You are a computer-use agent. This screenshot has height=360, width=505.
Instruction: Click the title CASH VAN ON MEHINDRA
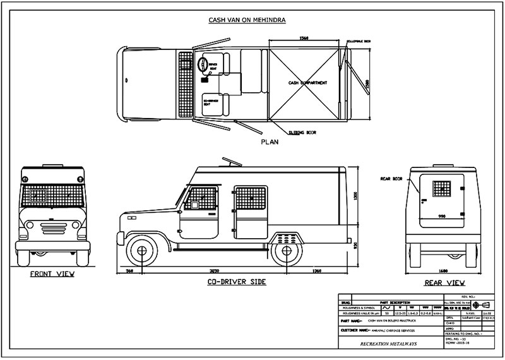point(247,20)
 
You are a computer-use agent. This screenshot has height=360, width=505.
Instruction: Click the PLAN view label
point(270,143)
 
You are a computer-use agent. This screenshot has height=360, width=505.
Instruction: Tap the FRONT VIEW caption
point(52,274)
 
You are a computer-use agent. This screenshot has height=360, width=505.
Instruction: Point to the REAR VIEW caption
point(445,282)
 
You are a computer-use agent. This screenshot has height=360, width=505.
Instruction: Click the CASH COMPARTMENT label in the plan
point(307,83)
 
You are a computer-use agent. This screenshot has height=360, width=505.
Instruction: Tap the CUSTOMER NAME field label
point(359,330)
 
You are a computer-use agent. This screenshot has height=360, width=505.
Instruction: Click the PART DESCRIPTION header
point(396,302)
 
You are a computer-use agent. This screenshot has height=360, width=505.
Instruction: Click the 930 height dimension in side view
point(355,244)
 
